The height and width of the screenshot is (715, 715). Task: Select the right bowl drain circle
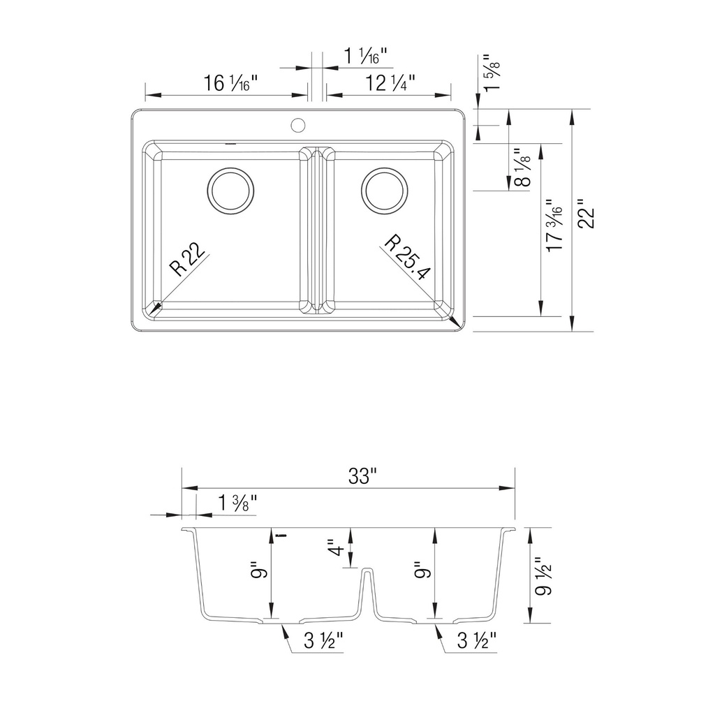point(385,191)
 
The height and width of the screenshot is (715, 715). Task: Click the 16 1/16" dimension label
point(230,84)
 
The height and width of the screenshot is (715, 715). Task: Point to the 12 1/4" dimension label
point(390,84)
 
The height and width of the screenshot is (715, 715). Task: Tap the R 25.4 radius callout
point(407,258)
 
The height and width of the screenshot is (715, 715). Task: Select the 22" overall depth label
point(586,214)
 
